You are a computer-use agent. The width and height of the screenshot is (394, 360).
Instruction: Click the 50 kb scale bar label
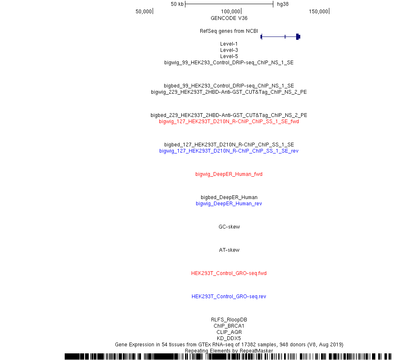pyautogui.click(x=177, y=4)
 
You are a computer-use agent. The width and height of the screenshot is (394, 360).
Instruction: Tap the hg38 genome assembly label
pyautogui.click(x=283, y=4)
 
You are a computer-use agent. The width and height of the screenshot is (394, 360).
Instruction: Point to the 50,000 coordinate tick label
pyautogui.click(x=144, y=12)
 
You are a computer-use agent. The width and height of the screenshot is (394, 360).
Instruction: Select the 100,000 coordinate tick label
pyautogui.click(x=231, y=12)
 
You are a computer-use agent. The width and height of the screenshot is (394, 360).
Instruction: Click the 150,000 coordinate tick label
pyautogui.click(x=319, y=12)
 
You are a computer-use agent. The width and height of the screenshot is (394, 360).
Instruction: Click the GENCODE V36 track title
pyautogui.click(x=229, y=18)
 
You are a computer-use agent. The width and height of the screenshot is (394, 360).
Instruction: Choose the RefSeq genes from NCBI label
pyautogui.click(x=229, y=31)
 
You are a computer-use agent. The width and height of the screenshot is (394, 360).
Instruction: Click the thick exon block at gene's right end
pyautogui.click(x=298, y=36)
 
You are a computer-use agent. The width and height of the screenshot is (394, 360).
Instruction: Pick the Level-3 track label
pyautogui.click(x=229, y=50)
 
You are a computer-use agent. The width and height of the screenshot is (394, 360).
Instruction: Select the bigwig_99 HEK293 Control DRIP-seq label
pyautogui.click(x=229, y=63)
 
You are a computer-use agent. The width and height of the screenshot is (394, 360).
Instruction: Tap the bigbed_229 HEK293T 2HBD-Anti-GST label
pyautogui.click(x=229, y=115)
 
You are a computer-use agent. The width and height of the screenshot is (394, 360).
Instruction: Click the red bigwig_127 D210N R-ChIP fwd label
pyautogui.click(x=229, y=122)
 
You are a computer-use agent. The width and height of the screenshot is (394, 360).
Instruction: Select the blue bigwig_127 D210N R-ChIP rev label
pyautogui.click(x=229, y=151)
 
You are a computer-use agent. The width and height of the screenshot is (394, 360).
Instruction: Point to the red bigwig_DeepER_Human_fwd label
pyautogui.click(x=229, y=174)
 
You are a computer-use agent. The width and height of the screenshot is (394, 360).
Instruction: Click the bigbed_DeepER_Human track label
pyautogui.click(x=229, y=197)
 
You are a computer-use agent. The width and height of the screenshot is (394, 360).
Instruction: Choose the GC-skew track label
pyautogui.click(x=229, y=227)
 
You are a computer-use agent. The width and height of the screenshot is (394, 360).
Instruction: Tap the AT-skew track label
pyautogui.click(x=229, y=250)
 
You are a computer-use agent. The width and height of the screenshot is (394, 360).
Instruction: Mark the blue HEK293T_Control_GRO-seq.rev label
pyautogui.click(x=229, y=297)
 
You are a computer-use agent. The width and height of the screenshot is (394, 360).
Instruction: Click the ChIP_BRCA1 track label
pyautogui.click(x=229, y=326)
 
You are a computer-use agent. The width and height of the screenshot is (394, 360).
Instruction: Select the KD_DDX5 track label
pyautogui.click(x=229, y=338)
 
